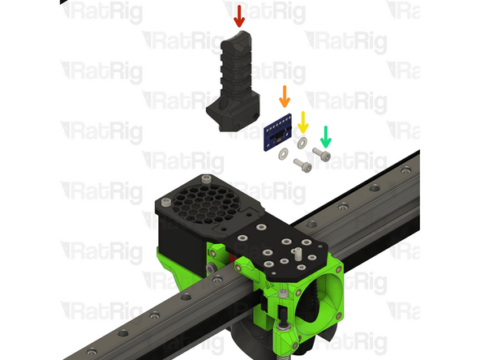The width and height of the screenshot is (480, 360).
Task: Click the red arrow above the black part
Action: (238, 15)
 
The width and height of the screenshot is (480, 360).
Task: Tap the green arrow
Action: (325, 134)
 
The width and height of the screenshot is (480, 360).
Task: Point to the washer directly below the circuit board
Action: (283, 154)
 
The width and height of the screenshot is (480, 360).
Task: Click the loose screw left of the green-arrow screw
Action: (302, 165)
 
